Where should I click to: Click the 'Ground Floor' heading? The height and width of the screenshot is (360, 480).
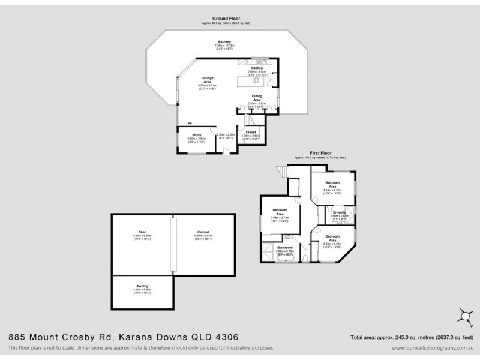coord(226,19)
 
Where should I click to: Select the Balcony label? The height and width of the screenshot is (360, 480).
coord(225,43)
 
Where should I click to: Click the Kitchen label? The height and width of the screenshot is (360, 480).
coord(257,68)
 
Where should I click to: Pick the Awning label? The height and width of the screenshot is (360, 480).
coord(142,287)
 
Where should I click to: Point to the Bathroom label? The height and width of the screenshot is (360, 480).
coord(285,248)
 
